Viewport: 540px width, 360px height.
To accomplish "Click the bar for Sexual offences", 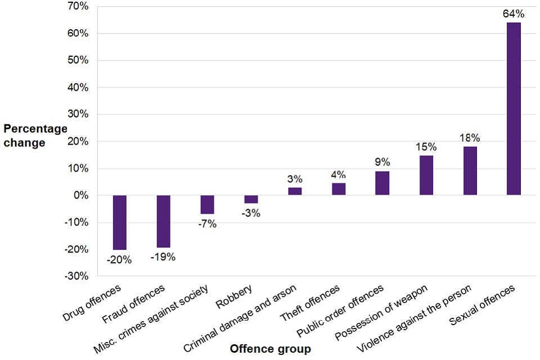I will coord(514,109).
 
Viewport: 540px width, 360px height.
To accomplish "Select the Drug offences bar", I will coord(120,222).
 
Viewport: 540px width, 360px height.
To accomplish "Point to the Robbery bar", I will coord(251,199).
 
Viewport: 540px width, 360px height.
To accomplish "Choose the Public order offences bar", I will coord(382,183).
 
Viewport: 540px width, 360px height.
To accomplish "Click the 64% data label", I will coord(514,13).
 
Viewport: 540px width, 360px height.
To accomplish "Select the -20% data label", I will coord(120,260).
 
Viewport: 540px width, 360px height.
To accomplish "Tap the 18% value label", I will coord(470,138).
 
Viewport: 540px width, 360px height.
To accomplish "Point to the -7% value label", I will coord(206,224).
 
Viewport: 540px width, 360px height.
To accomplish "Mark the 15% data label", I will coord(426,147).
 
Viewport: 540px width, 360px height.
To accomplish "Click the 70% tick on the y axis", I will coord(78,7).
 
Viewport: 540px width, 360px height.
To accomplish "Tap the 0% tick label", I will coord(80,195).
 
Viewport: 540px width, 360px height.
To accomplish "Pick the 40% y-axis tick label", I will coord(78,88).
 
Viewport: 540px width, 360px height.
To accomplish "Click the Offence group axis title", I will coord(270,349).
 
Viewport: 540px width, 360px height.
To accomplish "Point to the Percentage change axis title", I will coord(34,136).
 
